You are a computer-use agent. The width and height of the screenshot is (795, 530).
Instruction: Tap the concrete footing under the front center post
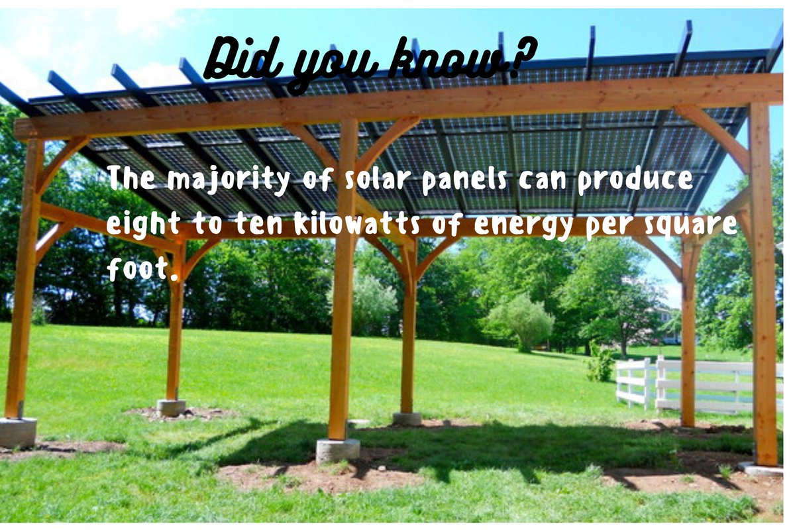point(337,450)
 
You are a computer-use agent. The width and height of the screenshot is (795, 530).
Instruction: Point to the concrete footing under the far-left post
point(18,432)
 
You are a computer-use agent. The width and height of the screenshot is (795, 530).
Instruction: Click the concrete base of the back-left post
point(171,407)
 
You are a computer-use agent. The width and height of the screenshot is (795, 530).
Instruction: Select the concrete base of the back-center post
point(407,419)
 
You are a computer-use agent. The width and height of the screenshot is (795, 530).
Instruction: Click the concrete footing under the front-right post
point(761,469)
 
